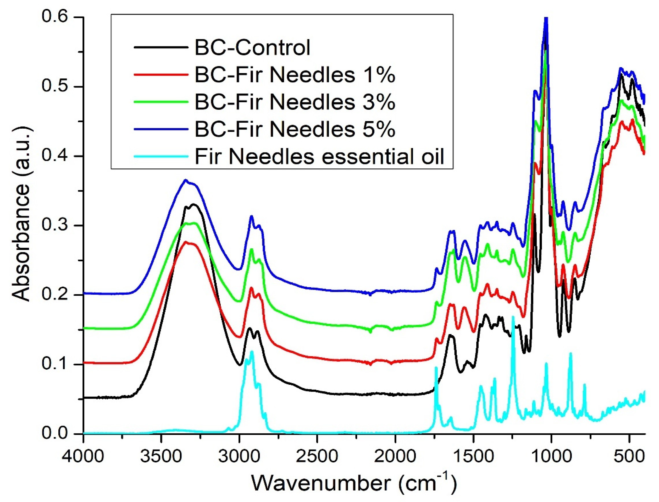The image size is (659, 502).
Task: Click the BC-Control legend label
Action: point(252,48)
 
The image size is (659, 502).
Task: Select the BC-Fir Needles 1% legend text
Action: point(295,75)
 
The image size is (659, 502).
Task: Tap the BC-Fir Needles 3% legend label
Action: point(295,102)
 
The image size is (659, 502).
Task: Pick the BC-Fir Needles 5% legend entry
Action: point(295,130)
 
